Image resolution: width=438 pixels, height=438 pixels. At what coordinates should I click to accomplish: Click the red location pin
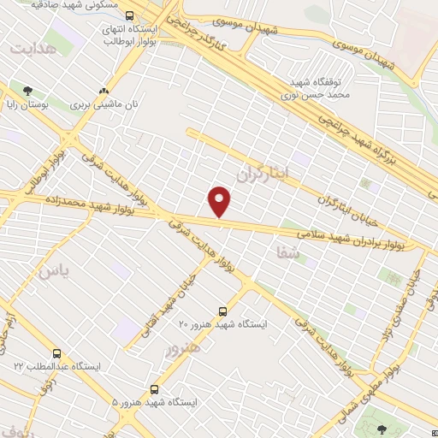220,200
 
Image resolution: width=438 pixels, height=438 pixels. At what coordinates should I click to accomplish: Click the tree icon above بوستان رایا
28,91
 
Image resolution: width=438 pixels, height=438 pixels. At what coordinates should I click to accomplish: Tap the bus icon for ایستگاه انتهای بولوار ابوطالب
129,15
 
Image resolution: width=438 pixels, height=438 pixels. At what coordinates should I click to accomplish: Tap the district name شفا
287,252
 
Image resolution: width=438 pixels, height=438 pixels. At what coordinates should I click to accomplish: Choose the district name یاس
54,272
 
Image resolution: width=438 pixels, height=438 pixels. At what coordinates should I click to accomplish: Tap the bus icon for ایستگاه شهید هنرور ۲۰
223,311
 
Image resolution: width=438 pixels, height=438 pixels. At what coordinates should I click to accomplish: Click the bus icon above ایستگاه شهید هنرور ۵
154,389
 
